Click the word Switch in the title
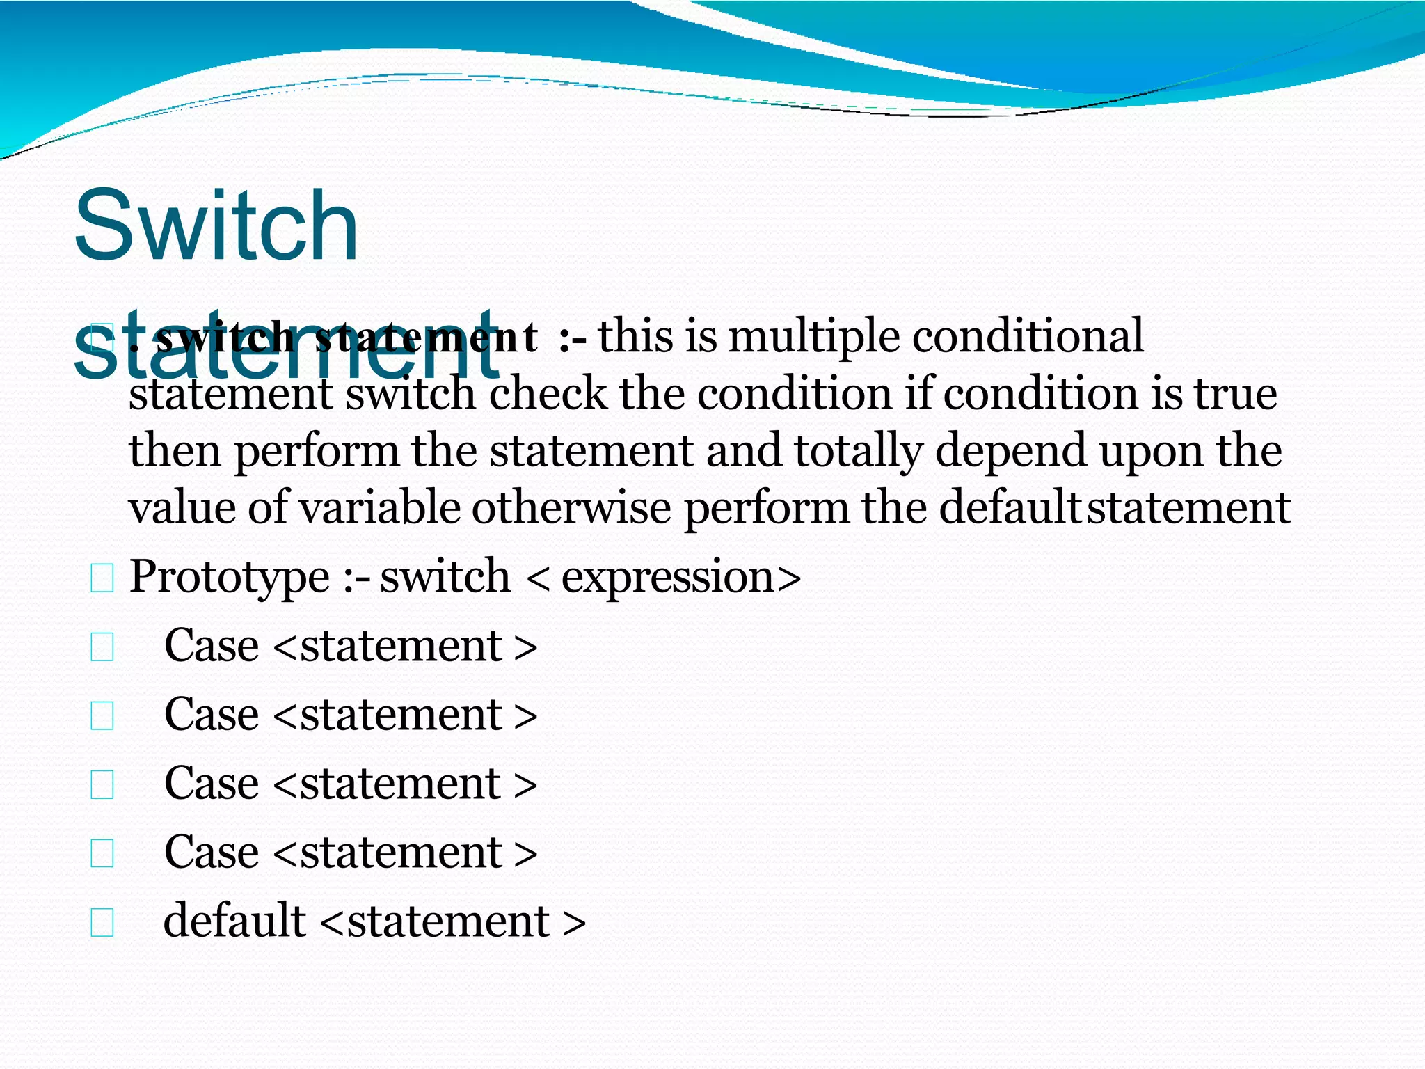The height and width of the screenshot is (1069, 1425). click(216, 227)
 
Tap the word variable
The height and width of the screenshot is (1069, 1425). click(380, 507)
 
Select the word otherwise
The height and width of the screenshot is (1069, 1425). click(571, 507)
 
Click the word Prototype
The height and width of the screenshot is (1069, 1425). click(230, 578)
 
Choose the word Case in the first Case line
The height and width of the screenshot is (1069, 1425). click(212, 646)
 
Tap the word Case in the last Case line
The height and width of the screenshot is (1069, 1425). click(212, 852)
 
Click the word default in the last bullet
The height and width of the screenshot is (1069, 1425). click(234, 920)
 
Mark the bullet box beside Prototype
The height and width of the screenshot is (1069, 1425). click(102, 579)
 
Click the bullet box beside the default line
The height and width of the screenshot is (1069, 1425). click(102, 923)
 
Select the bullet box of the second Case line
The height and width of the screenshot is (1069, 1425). click(102, 716)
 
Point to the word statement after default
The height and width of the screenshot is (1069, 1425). click(448, 921)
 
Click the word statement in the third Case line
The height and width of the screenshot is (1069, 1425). click(400, 784)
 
